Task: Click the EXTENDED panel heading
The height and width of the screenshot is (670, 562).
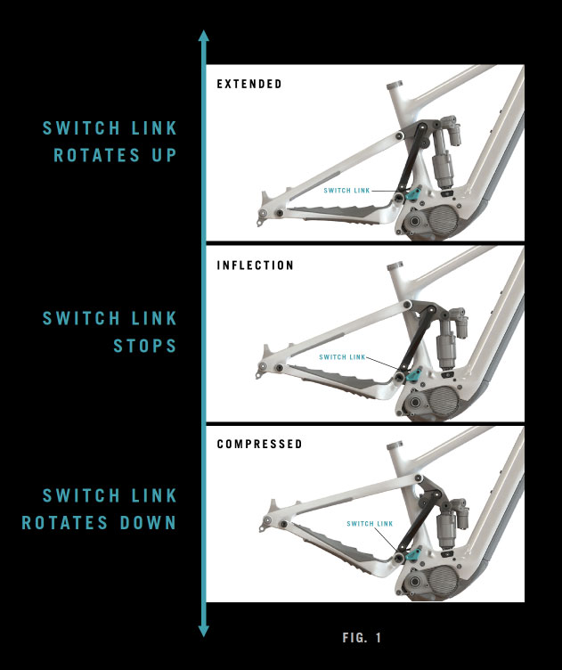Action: (x=249, y=84)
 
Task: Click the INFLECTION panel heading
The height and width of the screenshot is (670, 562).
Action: (x=256, y=266)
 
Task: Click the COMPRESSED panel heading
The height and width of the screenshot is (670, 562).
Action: (x=260, y=444)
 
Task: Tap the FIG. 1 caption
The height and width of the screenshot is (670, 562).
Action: (x=362, y=638)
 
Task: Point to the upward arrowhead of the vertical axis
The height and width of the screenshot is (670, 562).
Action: (x=204, y=36)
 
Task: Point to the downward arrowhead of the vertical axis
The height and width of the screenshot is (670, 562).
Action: (x=204, y=631)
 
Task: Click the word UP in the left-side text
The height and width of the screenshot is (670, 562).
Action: (x=165, y=155)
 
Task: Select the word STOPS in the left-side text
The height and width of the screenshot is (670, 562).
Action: (x=145, y=346)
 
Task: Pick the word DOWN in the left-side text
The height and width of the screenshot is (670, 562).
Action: (x=148, y=523)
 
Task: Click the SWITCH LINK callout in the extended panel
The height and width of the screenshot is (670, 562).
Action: (x=346, y=191)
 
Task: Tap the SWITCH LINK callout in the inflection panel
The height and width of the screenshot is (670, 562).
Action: (x=343, y=356)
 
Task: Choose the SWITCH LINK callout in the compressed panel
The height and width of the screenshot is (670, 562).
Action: (x=370, y=524)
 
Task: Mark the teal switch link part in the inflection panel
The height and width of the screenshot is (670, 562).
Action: (x=414, y=375)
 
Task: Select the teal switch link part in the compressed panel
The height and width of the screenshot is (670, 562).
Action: (x=414, y=554)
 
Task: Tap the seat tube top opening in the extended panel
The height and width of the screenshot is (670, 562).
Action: (x=395, y=85)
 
